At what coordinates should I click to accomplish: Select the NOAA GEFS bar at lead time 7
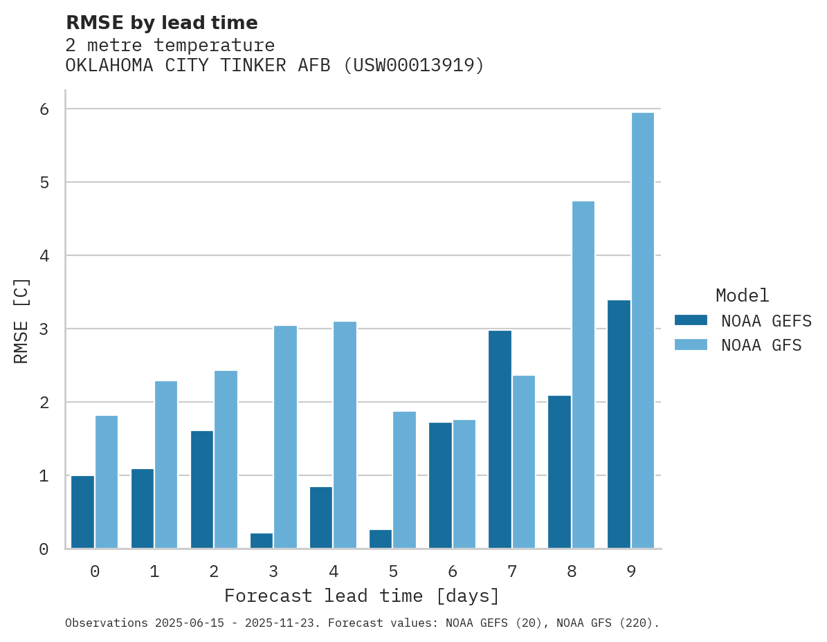point(500,439)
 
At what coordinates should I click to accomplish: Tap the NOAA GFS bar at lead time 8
point(583,375)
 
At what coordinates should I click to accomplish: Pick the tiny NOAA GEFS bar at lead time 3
point(262,541)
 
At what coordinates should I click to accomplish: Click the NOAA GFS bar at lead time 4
point(345,435)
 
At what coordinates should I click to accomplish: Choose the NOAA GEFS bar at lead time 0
point(82,512)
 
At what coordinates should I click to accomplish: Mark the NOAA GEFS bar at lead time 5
point(381,540)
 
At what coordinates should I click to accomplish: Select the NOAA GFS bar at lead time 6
point(464,484)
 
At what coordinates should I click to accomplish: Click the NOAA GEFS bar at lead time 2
point(202,490)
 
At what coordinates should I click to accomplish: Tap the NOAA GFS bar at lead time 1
point(166,465)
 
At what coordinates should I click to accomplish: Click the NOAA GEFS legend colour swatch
point(691,320)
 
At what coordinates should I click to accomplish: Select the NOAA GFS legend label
point(761,345)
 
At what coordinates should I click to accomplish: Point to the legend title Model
point(742,295)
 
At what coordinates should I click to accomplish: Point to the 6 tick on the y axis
point(44,109)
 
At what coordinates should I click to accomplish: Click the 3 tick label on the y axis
point(44,329)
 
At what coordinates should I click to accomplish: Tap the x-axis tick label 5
point(393,571)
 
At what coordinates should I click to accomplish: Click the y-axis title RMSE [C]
point(21,320)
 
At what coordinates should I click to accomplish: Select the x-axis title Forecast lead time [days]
point(362,596)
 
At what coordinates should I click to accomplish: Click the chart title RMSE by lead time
point(161,23)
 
